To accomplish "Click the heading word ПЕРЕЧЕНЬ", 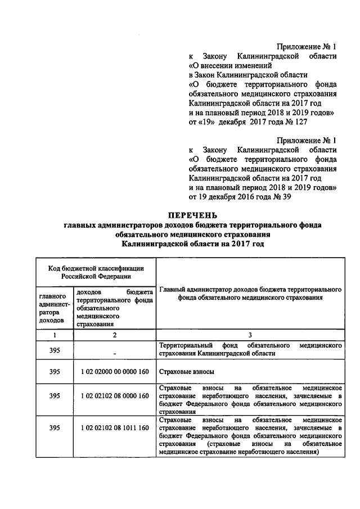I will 193,215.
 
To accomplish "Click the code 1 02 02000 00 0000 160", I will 114,372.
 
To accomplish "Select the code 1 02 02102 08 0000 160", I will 114,396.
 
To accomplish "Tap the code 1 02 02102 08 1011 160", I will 114,428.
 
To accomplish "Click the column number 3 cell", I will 250,335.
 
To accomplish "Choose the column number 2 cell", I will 114,335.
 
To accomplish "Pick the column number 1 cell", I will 55,335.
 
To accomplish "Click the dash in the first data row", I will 114,353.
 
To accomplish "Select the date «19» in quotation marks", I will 212,121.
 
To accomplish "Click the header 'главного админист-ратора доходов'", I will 55,307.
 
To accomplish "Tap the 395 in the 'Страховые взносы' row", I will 55,372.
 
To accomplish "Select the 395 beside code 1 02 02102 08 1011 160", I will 55,428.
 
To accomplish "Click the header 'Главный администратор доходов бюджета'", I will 250,294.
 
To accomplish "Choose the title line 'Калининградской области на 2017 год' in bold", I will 193,244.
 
